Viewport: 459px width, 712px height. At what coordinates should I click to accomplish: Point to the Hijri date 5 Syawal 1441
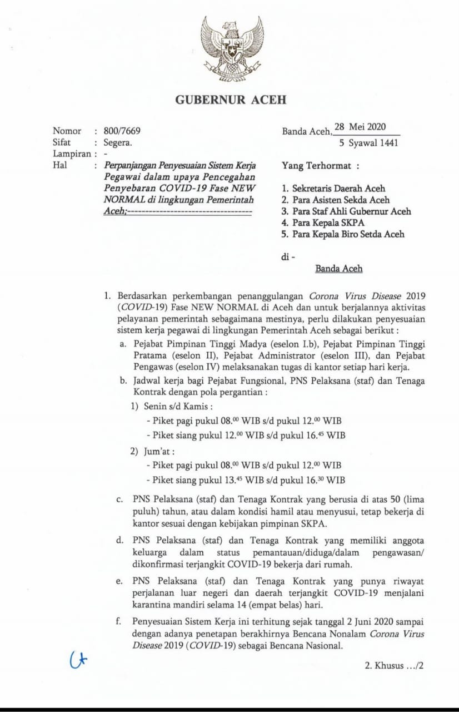coord(368,143)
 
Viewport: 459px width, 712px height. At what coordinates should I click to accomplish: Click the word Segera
coord(118,142)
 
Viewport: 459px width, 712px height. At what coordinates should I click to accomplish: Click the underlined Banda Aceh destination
coord(339,269)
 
